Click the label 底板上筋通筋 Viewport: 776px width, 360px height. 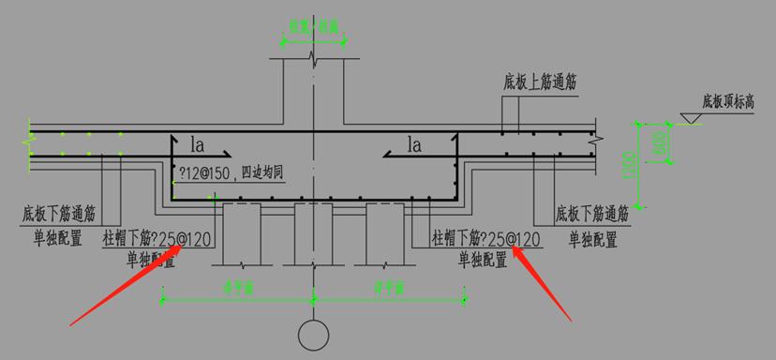(539, 82)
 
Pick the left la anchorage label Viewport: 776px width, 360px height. (198, 145)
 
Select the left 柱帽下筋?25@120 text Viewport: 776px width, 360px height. (157, 241)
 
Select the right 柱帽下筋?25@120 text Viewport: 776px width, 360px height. (485, 240)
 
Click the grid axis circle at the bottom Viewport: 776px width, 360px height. (313, 333)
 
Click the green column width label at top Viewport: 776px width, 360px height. (313, 27)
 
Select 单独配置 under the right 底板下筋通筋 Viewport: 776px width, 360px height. (593, 240)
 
